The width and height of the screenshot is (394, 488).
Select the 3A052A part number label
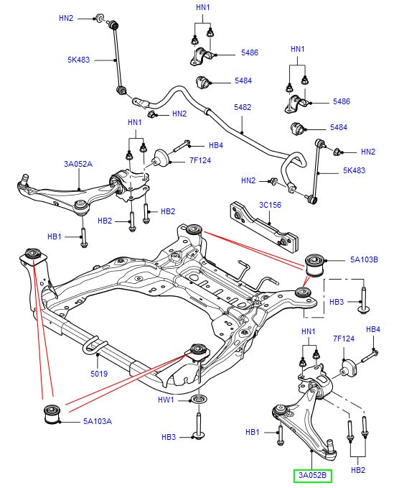pyautogui.click(x=78, y=164)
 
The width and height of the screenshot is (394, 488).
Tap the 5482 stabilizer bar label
pyautogui.click(x=243, y=107)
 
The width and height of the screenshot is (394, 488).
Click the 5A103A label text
pyautogui.click(x=97, y=420)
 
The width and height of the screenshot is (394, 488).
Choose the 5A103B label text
pyautogui.click(x=364, y=259)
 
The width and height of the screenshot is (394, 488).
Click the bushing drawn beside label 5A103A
pyautogui.click(x=51, y=415)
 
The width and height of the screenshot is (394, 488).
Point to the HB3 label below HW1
pyautogui.click(x=169, y=436)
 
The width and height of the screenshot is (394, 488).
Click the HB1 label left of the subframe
pyautogui.click(x=55, y=236)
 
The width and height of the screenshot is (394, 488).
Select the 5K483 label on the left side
pyautogui.click(x=78, y=60)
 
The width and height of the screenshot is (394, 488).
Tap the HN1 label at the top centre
pyautogui.click(x=203, y=8)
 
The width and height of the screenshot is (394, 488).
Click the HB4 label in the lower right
pyautogui.click(x=372, y=329)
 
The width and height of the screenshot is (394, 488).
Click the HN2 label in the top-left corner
pyautogui.click(x=66, y=17)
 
